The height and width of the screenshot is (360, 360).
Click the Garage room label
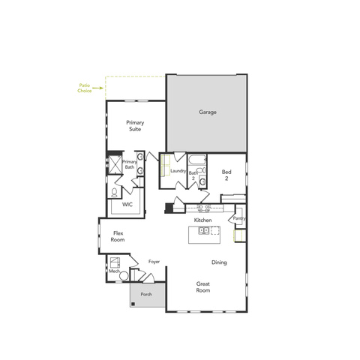(208, 112)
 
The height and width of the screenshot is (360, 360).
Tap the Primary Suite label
(135, 126)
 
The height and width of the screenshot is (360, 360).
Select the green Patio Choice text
(85, 88)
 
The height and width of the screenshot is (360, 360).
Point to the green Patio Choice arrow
(97, 88)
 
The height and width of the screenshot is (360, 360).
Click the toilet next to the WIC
(114, 193)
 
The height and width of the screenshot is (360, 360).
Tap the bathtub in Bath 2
(197, 160)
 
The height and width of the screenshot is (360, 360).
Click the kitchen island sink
(204, 230)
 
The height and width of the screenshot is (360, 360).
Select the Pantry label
(239, 218)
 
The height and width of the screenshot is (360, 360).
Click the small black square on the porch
(133, 304)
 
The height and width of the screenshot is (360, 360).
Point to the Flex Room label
(118, 236)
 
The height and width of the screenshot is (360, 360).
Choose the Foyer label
(154, 262)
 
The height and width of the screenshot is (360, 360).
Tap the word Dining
(219, 262)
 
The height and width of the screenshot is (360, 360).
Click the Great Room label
(203, 287)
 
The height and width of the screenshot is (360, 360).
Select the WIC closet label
(127, 205)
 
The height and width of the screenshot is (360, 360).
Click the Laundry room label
(178, 171)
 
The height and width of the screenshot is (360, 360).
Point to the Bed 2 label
(226, 175)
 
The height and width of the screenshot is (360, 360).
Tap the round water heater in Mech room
(124, 276)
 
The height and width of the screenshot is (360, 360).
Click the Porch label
(146, 294)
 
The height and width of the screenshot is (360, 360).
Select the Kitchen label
(202, 220)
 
